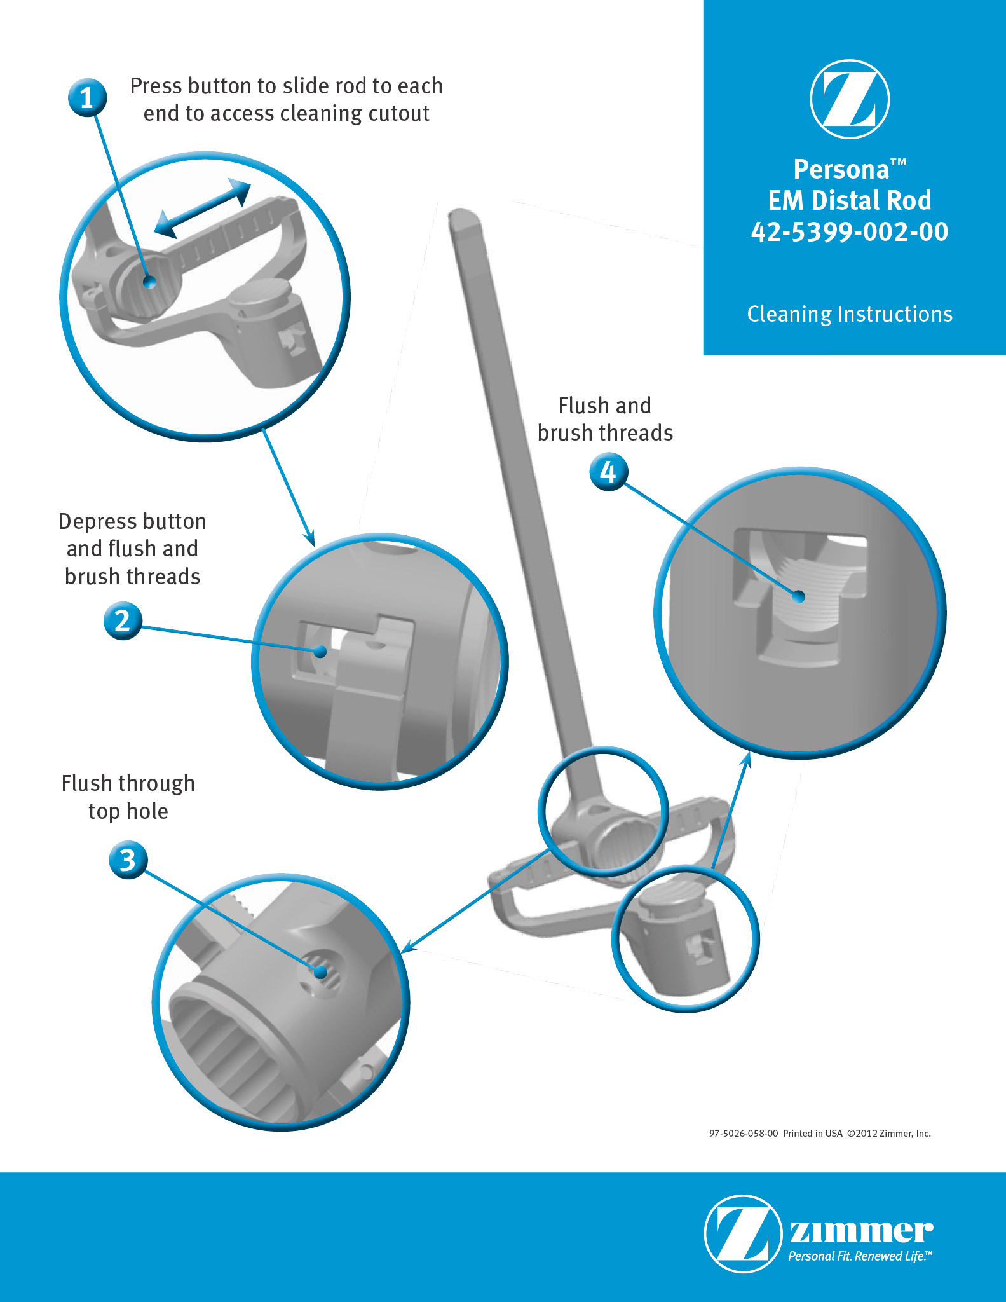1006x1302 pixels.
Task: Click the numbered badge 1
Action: point(87,98)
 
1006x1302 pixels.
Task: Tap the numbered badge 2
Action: point(123,620)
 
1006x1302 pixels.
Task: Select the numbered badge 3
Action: point(128,860)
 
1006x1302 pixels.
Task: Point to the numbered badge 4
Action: point(609,472)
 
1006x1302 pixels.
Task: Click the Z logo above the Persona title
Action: point(850,99)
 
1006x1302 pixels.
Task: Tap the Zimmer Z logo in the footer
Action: point(743,1233)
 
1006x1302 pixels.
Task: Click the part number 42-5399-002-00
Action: point(850,231)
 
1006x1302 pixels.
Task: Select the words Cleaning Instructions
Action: point(850,314)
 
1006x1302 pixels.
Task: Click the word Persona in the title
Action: point(841,170)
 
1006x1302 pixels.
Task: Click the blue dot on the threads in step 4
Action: point(799,596)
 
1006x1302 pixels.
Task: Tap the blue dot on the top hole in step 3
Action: point(321,971)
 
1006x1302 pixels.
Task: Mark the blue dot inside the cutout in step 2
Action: point(321,651)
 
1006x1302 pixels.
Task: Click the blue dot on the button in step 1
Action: point(149,282)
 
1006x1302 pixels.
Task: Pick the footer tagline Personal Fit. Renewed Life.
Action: point(860,1256)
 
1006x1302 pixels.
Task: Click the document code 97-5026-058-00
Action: point(744,1134)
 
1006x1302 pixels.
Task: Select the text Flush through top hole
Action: point(128,797)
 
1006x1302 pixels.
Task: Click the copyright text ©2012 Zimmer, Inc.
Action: point(889,1134)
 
